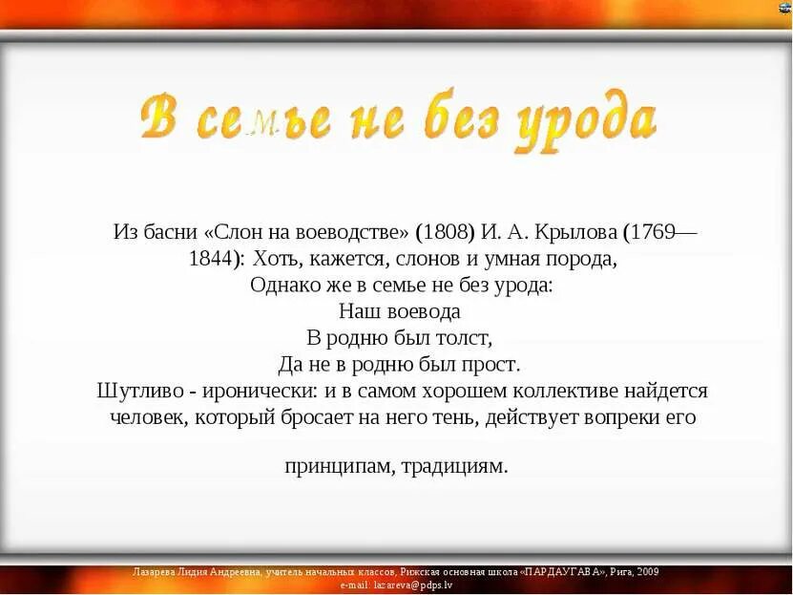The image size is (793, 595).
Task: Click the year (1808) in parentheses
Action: (x=446, y=232)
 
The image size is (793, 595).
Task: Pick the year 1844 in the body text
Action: (x=216, y=259)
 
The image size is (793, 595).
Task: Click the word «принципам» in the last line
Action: (x=338, y=467)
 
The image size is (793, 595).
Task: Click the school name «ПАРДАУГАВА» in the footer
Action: (x=561, y=571)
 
